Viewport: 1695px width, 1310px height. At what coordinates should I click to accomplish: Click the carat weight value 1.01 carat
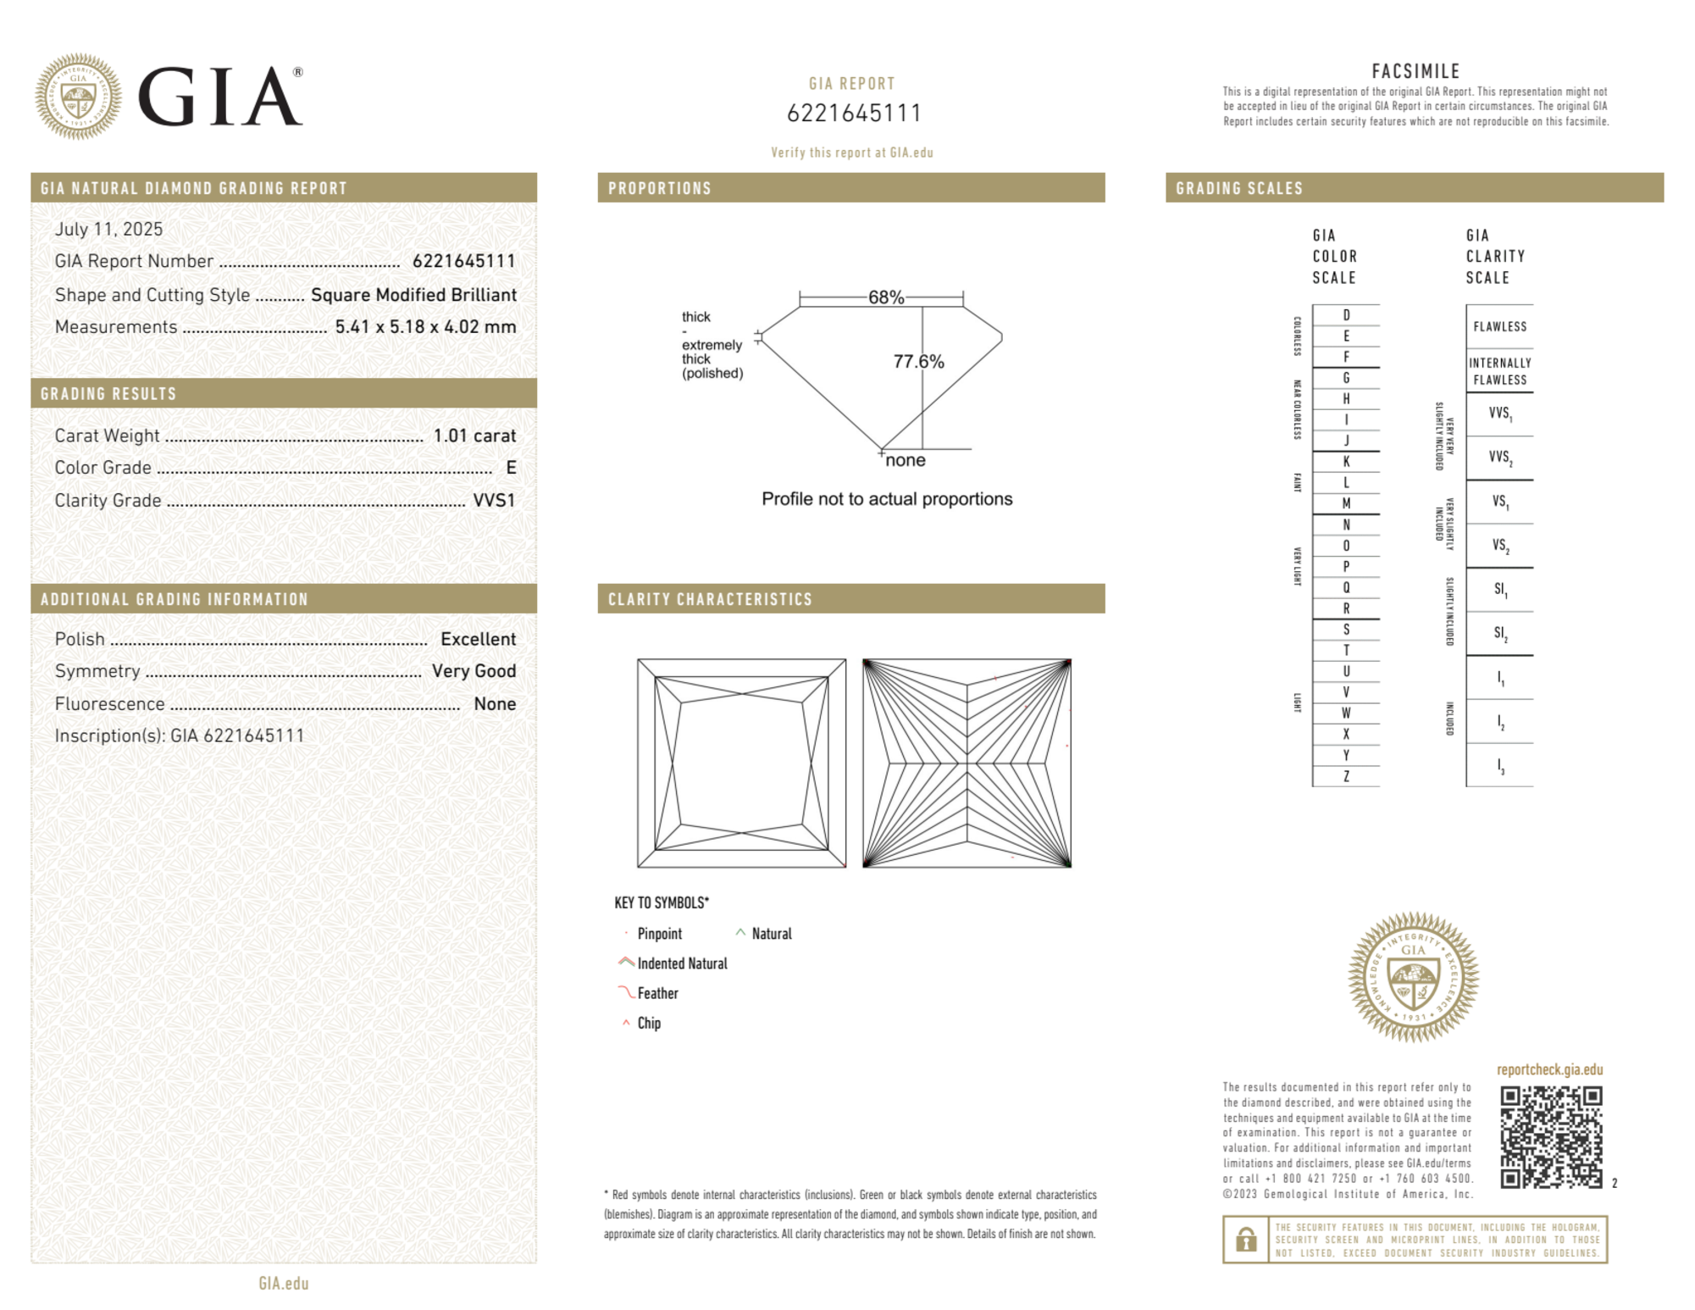pos(474,436)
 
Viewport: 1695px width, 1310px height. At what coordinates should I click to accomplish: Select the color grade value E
pos(511,468)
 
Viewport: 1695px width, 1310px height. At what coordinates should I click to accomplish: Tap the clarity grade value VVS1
pos(494,501)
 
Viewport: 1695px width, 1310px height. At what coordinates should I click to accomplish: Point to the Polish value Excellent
pos(478,639)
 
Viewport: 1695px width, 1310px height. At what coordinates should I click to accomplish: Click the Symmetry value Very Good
pos(474,671)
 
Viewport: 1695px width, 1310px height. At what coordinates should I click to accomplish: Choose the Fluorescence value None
pos(495,704)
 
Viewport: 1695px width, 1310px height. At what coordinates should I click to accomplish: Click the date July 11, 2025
pos(108,230)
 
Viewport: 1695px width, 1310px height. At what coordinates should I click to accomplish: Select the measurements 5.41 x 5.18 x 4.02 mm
pos(425,327)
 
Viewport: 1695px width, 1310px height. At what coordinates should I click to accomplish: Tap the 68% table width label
pos(885,297)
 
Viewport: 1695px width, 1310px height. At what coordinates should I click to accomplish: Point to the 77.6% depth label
pos(918,362)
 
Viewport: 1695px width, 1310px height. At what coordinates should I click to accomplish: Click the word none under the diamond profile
pos(905,461)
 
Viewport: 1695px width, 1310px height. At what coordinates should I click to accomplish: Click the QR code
pos(1550,1137)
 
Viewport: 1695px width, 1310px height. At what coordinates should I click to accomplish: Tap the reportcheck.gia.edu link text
pos(1549,1069)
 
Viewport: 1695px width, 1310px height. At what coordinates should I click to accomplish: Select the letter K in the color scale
pos(1346,462)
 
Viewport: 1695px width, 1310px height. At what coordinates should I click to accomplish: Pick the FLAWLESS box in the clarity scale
pos(1499,327)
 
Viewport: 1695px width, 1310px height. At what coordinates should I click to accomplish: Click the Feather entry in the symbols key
pos(657,993)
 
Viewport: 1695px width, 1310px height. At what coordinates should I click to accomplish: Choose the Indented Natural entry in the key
pos(682,963)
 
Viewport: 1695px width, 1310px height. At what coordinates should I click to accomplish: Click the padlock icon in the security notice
pos(1245,1240)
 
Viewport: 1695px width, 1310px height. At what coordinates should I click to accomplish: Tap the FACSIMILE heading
pos(1415,72)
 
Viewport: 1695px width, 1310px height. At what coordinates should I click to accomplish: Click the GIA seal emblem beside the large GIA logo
pos(78,97)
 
